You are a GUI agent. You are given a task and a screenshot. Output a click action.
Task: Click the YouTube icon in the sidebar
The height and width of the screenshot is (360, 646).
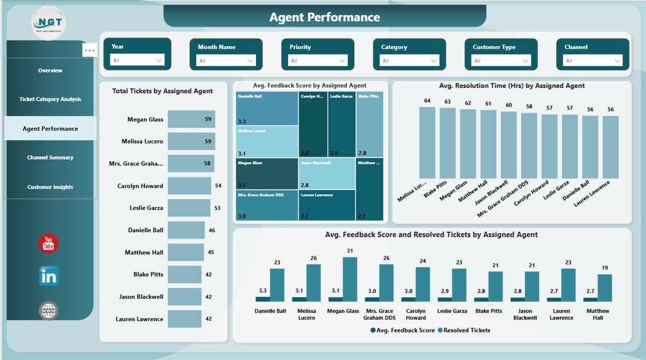(48, 243)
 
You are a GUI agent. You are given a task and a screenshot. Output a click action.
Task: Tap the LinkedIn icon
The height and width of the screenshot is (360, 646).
(49, 276)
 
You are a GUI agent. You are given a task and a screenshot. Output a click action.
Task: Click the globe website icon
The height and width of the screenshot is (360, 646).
(48, 311)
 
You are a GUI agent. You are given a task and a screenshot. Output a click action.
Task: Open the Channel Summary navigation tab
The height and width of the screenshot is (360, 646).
(50, 158)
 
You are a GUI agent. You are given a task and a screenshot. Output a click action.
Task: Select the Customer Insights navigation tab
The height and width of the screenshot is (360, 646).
(50, 187)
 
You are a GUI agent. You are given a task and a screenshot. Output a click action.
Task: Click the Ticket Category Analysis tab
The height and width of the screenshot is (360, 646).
(50, 99)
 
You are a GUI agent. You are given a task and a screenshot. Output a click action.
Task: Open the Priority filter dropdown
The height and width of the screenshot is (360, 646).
(317, 61)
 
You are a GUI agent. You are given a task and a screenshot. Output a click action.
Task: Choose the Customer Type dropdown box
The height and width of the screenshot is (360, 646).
(501, 61)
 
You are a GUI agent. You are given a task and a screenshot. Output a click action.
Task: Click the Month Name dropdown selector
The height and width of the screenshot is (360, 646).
(226, 61)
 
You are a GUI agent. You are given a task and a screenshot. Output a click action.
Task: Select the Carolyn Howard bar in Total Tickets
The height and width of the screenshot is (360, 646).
(189, 186)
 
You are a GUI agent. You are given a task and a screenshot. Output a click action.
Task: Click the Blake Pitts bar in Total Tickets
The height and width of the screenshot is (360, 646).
(184, 275)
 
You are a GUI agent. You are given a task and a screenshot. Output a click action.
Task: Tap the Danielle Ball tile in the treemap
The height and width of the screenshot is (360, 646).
(266, 108)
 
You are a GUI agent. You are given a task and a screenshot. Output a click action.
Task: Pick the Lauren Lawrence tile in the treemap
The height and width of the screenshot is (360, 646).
(327, 205)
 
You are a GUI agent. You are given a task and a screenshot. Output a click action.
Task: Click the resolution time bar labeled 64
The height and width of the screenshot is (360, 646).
(427, 142)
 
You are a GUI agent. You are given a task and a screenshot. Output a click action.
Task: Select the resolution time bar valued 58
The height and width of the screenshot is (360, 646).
(529, 145)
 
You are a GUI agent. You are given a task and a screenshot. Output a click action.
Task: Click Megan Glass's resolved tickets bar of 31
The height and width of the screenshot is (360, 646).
(350, 279)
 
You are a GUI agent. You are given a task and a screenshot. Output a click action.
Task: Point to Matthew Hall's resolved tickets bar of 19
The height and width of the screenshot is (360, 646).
(605, 288)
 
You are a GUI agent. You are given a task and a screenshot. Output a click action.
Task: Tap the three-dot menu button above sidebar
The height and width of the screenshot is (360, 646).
(90, 50)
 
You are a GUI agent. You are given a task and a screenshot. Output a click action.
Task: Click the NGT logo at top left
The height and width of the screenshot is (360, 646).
(48, 23)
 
